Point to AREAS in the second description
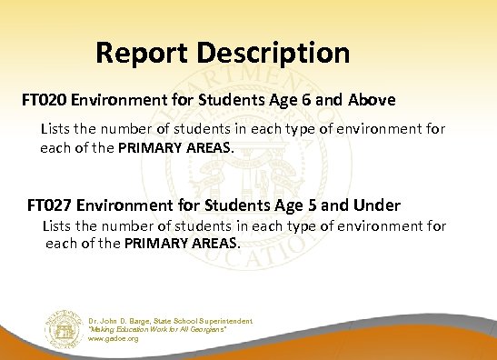tap(212, 244)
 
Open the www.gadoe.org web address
tap(114, 338)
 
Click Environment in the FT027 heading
tap(138, 205)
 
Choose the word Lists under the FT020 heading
tap(55, 129)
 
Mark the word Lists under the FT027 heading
tap(59, 225)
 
